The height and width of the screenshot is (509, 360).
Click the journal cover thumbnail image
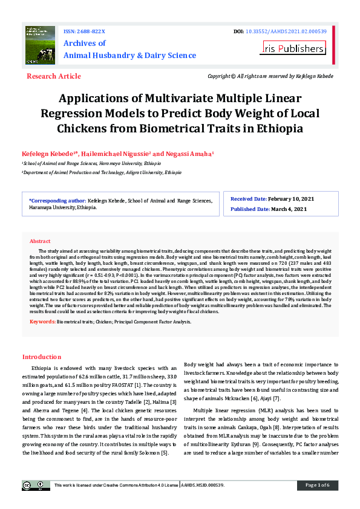pyautogui.click(x=41, y=44)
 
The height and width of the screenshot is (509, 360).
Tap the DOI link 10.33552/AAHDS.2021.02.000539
pyautogui.click(x=286, y=31)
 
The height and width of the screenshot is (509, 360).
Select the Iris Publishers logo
pyautogui.click(x=293, y=48)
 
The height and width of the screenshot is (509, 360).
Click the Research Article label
pyautogui.click(x=54, y=76)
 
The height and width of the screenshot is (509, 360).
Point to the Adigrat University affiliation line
pyautogui.click(x=102, y=172)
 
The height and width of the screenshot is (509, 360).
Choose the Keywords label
pyautogui.click(x=43, y=321)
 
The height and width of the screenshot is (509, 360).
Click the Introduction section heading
pyautogui.click(x=50, y=357)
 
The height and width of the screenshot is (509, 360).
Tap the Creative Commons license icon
pyautogui.click(x=36, y=485)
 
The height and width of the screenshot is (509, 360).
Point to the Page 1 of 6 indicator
pyautogui.click(x=317, y=485)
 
